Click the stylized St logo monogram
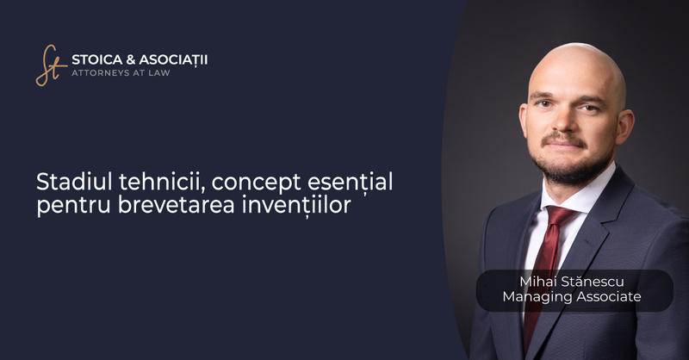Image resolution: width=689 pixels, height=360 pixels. coord(50,65)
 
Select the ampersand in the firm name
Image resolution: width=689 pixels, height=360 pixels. coord(133,59)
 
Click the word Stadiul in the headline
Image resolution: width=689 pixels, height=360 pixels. coord(71,183)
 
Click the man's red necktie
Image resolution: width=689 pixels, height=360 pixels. coord(544,258)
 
